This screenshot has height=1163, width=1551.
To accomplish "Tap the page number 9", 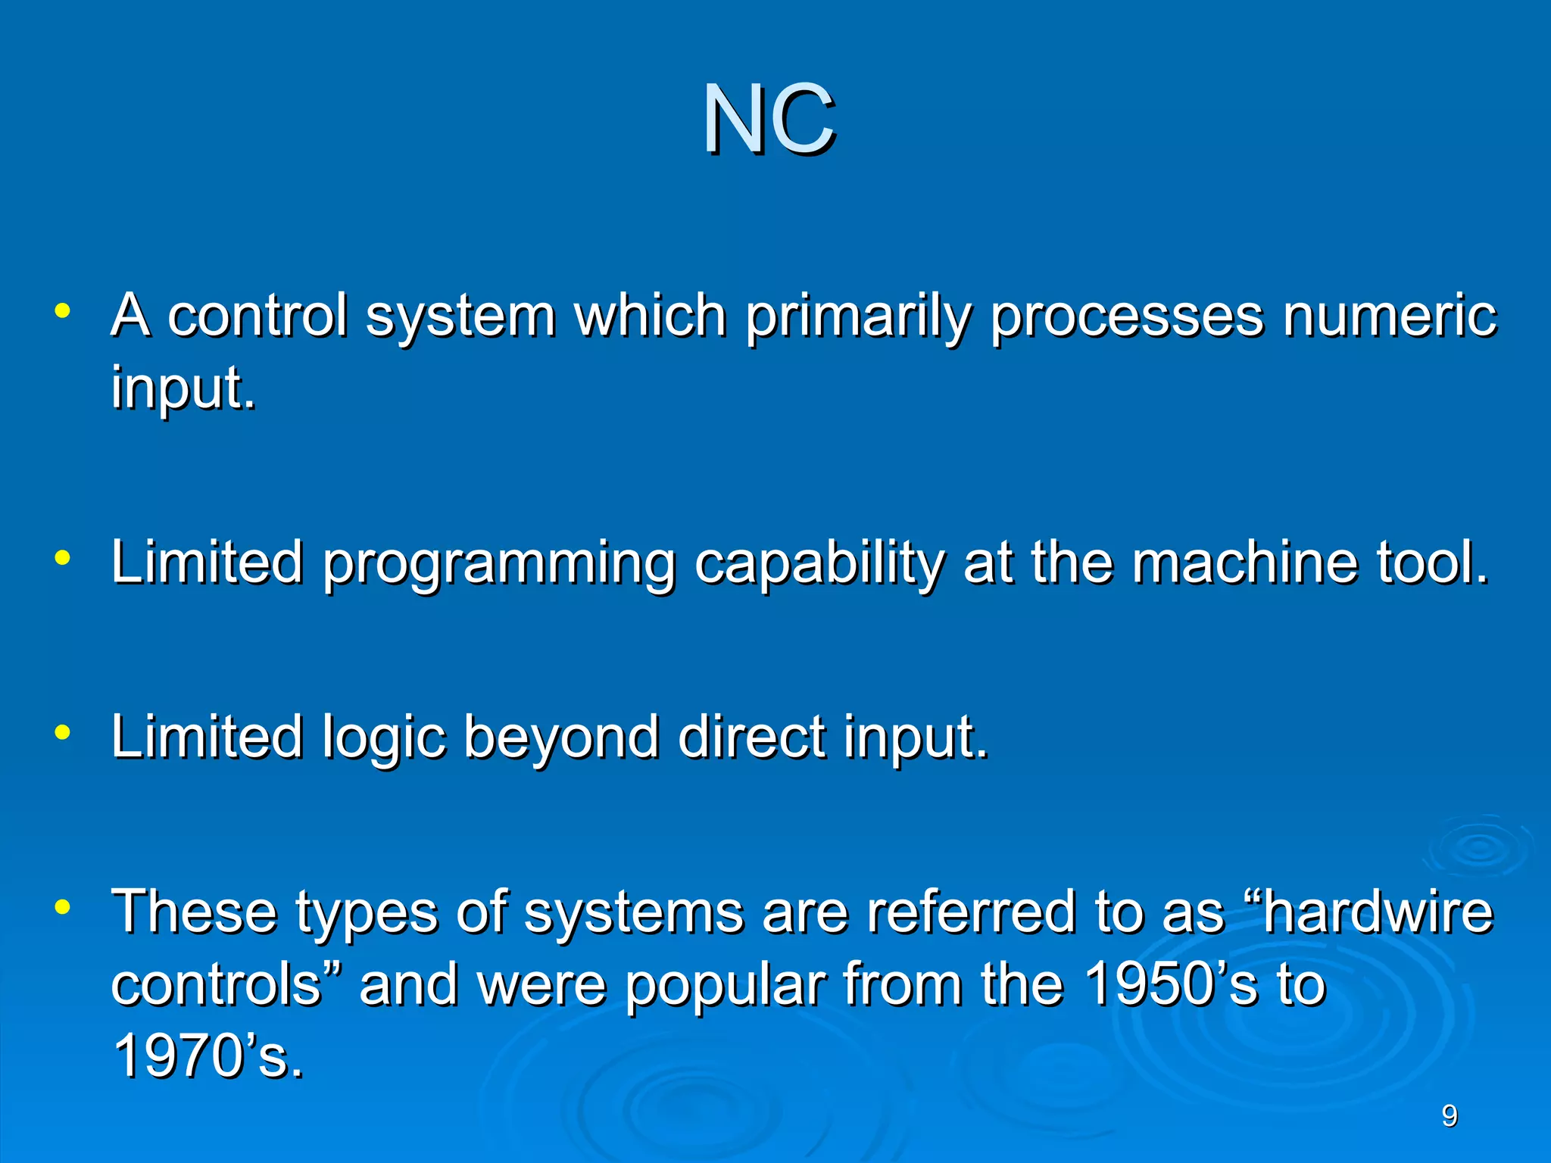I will tap(1449, 1116).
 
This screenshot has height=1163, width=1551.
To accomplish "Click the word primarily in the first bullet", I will tap(857, 316).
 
